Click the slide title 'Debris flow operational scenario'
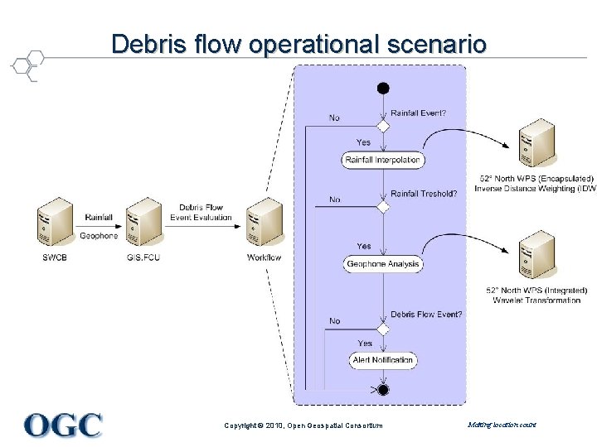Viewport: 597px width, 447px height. coord(298,43)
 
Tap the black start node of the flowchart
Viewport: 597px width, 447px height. coord(383,88)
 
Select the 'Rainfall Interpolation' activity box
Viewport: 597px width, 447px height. coord(382,160)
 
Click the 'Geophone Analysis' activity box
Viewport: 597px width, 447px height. coord(383,264)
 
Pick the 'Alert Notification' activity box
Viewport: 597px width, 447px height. coord(382,360)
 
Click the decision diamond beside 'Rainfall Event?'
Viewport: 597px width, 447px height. coord(383,126)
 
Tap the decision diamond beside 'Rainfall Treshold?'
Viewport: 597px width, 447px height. coord(383,207)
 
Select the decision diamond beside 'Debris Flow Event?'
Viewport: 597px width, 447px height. coord(383,328)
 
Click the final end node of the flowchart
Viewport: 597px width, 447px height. coord(383,389)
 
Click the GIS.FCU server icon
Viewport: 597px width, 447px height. coord(143,222)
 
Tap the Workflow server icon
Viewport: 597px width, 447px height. coord(265,222)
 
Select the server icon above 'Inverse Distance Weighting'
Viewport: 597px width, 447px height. coord(536,143)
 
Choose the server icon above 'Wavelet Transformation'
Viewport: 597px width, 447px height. coord(536,255)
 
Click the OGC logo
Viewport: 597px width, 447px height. coord(63,425)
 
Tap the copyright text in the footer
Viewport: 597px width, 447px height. coord(303,425)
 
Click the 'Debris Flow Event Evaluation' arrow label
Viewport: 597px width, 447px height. coord(201,212)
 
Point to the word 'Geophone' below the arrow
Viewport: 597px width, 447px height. coord(99,236)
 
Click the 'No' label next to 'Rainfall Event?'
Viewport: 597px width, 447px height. coord(334,118)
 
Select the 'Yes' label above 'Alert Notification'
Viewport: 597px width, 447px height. coord(364,343)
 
